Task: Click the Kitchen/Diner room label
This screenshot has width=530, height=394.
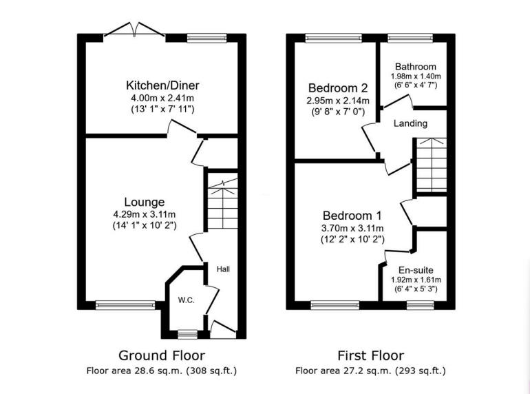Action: [162, 85]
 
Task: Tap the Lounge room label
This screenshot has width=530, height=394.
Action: [144, 202]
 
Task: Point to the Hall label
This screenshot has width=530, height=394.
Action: [223, 269]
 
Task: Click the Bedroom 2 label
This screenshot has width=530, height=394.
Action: [337, 88]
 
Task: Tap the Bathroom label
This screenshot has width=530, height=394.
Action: [416, 67]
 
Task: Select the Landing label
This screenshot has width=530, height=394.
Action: [410, 123]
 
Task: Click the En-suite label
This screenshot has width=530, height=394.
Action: [416, 271]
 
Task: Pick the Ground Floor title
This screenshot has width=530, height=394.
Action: [162, 355]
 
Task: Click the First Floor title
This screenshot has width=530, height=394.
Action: [370, 355]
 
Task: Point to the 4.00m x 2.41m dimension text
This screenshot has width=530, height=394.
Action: [162, 98]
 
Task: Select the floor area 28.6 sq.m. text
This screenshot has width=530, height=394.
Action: [162, 371]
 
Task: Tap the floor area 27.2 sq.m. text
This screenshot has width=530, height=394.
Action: [370, 371]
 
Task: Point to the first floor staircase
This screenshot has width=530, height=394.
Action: [430, 165]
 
